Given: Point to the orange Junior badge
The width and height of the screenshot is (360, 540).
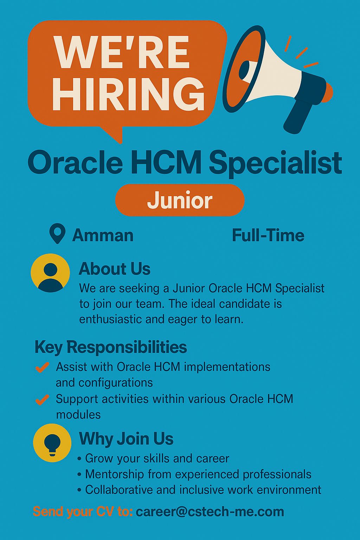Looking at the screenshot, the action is pos(180,200).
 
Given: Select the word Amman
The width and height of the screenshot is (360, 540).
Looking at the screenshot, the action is pos(103,235).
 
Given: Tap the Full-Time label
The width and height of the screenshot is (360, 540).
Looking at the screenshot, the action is pos(268,236).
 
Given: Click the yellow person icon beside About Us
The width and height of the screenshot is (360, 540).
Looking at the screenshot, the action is pos(50,273).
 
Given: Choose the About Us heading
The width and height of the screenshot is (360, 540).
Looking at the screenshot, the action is pos(115,269).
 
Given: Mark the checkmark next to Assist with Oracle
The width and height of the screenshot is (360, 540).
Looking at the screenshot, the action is pos(42,367).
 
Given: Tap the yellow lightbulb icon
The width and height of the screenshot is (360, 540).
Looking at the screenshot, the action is pos(52,443).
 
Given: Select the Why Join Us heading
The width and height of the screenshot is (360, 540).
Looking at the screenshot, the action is pos(126,438).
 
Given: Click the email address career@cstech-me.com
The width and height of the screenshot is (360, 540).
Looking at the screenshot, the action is pos(210,512).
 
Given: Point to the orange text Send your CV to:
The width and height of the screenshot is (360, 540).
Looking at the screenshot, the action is pos(83,512).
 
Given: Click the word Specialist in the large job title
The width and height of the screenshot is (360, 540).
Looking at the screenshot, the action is pos(275,163).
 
